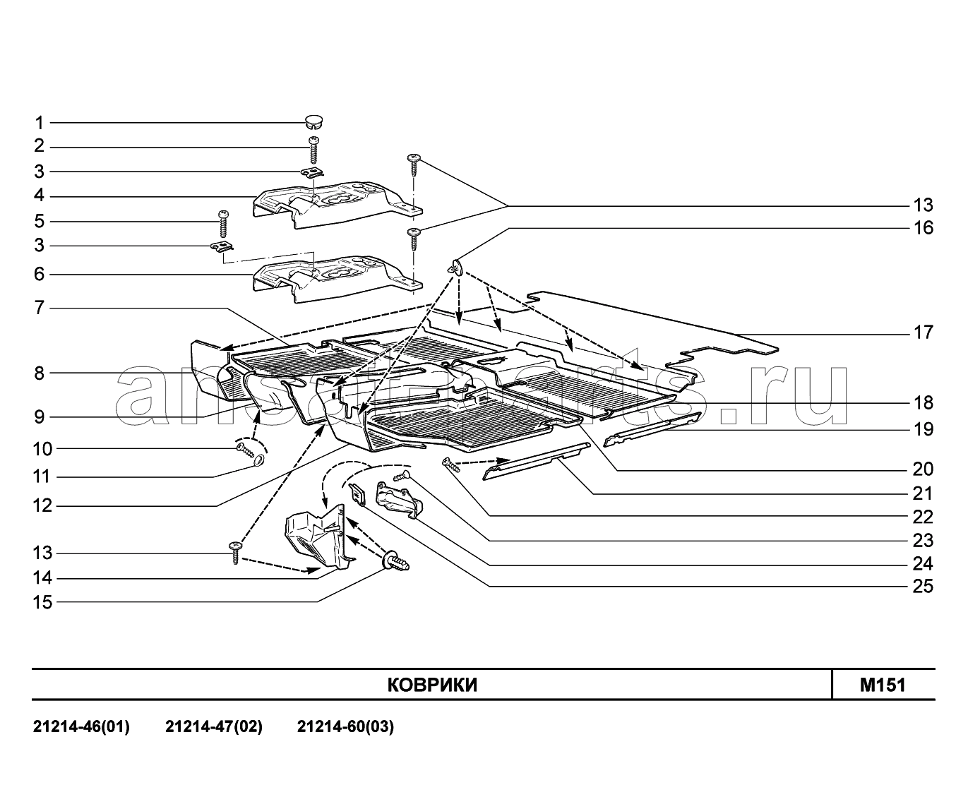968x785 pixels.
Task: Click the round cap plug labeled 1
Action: (x=313, y=121)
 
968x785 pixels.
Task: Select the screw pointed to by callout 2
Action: (x=313, y=150)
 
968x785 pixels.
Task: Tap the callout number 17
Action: (x=923, y=332)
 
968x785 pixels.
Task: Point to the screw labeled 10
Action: (x=246, y=450)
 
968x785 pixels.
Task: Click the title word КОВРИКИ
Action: (x=432, y=685)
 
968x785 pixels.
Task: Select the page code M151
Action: (x=883, y=685)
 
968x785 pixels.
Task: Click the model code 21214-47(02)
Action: (x=214, y=727)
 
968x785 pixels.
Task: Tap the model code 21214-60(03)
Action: (x=345, y=727)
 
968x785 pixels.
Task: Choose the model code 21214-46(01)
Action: (x=81, y=727)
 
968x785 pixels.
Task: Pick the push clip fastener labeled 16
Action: (x=456, y=268)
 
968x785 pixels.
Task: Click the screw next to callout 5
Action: (x=223, y=224)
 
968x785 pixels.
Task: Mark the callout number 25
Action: (x=923, y=586)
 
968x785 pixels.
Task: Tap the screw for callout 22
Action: (x=451, y=465)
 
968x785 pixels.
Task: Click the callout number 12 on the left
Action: (x=43, y=505)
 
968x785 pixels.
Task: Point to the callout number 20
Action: (x=923, y=469)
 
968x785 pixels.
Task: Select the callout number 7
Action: (x=40, y=308)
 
